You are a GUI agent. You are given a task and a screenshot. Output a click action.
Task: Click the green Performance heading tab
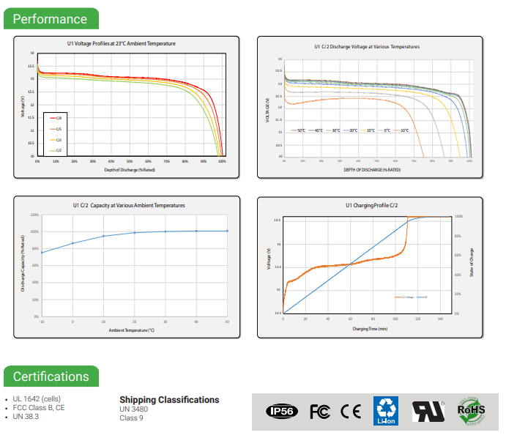click(50, 19)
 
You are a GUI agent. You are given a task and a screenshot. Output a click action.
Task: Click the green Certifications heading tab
click(51, 376)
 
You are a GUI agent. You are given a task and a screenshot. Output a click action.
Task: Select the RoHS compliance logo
click(471, 410)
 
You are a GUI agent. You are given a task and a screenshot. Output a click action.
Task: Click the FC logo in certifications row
click(320, 411)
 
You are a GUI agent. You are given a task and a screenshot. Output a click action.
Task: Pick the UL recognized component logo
click(428, 411)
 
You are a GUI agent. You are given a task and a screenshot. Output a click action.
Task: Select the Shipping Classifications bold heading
click(169, 400)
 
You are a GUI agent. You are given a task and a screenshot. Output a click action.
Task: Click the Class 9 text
click(131, 417)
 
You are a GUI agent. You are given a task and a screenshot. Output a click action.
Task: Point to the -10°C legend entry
click(401, 130)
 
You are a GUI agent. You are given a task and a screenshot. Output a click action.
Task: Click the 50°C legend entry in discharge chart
click(298, 130)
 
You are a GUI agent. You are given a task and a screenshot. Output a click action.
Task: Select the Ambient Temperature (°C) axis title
click(131, 330)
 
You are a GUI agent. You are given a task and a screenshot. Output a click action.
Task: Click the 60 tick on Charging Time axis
click(351, 319)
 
